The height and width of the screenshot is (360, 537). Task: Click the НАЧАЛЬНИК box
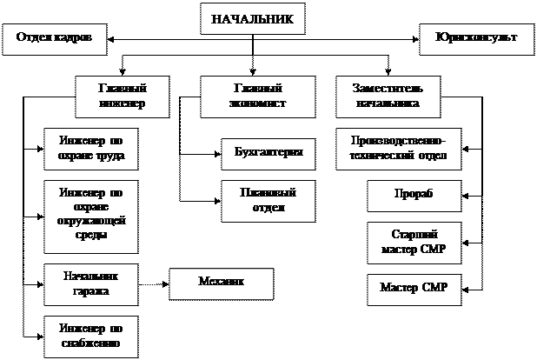[253, 18]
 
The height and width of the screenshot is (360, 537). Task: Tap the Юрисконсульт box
[475, 40]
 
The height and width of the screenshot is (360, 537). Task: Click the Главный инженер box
[122, 97]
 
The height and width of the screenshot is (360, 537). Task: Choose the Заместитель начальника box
[388, 97]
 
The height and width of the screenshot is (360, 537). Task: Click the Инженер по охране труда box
[91, 148]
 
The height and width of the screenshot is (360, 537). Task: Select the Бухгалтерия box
[268, 153]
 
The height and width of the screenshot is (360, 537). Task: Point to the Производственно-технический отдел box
[399, 149]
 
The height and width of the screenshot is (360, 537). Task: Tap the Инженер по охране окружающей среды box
[91, 216]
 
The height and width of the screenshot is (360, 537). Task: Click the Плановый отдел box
[268, 200]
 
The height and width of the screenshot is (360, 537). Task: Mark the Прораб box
[413, 196]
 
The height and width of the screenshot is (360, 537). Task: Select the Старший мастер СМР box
[413, 243]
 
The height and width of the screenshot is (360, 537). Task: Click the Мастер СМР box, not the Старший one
[413, 288]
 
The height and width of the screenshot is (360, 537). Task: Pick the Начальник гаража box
[91, 283]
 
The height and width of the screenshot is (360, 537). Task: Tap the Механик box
[221, 282]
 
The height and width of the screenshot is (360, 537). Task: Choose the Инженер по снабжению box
[91, 337]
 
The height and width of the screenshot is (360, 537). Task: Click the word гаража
[91, 291]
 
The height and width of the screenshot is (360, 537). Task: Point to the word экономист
[259, 103]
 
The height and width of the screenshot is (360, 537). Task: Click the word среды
[91, 234]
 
